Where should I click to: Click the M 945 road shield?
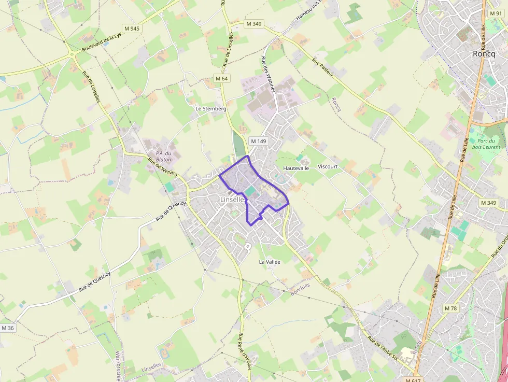coord(132,28)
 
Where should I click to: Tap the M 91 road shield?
coord(495,13)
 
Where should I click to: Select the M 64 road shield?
coord(221,78)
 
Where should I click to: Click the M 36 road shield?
coord(7,328)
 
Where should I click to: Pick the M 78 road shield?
coord(450,308)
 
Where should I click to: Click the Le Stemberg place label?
coord(211,109)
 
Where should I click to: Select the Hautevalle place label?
coord(296,168)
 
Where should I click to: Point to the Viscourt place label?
coord(328,166)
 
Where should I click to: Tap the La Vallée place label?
coord(270,262)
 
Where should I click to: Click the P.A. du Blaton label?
coord(163,156)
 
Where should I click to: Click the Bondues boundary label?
coord(300,285)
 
